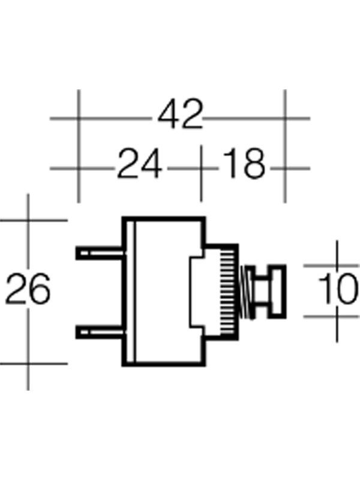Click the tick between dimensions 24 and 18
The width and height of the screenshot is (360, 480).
[x=200, y=168]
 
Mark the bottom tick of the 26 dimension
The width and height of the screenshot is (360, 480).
[x=28, y=362]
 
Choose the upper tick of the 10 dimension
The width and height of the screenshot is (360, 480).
[x=337, y=265]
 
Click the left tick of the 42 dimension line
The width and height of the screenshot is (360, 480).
[x=78, y=118]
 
